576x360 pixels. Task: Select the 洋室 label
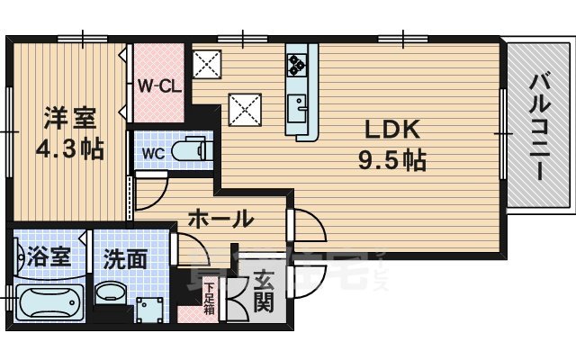tap(67, 117)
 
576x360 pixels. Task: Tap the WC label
tap(152, 152)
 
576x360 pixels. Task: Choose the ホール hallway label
tap(220, 218)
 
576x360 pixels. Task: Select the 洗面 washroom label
tap(124, 258)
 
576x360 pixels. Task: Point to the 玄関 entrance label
tap(262, 290)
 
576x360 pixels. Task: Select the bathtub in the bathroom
tap(49, 303)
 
